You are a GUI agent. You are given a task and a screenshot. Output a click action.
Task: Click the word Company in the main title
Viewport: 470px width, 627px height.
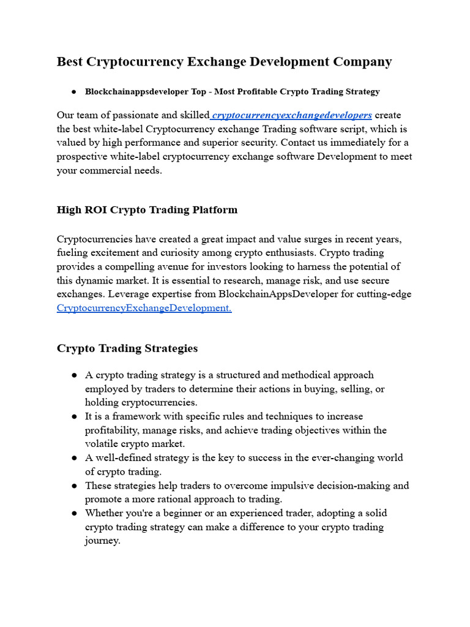(362, 62)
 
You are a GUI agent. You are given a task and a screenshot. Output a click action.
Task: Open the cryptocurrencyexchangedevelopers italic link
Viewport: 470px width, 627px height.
(291, 115)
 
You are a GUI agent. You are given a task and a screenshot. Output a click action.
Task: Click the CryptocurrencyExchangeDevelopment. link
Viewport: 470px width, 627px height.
(144, 308)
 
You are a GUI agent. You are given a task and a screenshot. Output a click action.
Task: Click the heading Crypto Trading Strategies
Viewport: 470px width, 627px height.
(127, 348)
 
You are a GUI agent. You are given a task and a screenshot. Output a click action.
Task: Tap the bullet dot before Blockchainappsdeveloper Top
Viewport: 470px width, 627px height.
(73, 92)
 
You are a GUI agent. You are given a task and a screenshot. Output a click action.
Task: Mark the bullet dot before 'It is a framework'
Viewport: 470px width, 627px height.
(73, 416)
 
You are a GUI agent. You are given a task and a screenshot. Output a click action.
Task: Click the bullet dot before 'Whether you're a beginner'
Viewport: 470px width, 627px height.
(73, 513)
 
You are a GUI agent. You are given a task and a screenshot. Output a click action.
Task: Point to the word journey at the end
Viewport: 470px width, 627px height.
(102, 541)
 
